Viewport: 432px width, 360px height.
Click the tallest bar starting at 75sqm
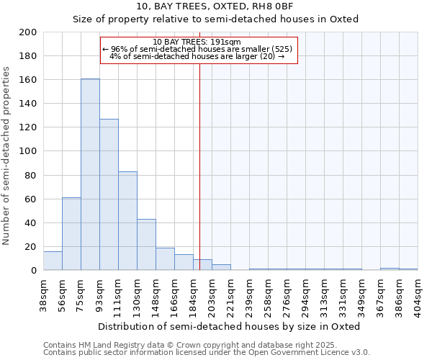90,174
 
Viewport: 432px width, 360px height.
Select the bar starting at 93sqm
109,194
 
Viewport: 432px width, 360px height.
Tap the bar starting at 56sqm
71,233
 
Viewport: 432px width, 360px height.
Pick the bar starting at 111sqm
127,220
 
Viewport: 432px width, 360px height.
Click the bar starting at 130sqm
146,244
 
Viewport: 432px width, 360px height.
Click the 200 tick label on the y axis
27,32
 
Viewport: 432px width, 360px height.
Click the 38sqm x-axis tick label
44,293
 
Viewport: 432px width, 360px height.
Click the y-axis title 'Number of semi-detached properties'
7,156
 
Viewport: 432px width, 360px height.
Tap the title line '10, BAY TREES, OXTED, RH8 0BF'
215,6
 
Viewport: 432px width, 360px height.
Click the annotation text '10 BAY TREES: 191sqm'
197,42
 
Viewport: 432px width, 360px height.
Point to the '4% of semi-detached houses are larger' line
197,56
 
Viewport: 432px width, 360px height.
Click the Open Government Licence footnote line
207,352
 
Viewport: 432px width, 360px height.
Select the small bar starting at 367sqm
390,269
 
